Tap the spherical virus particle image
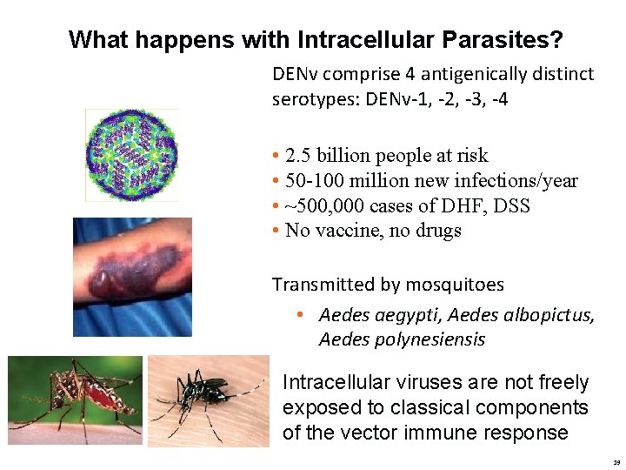(132, 155)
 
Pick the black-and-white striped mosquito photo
(209, 400)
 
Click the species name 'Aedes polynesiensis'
(402, 339)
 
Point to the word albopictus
(551, 314)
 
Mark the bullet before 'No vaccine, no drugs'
(276, 232)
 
